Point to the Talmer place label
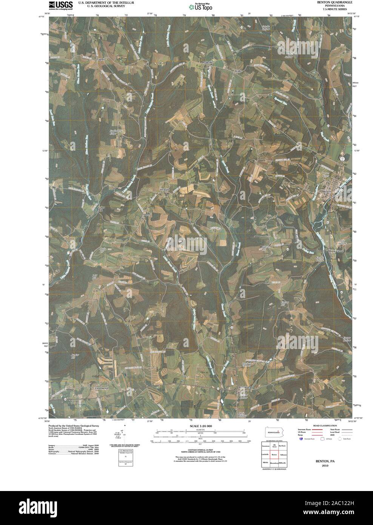pyautogui.click(x=100, y=60)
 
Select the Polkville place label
pyautogui.click(x=208, y=62)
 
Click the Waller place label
pyautogui.click(x=238, y=71)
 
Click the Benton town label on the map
pyautogui.click(x=327, y=191)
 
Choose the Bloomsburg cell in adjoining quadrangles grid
pyautogui.click(x=274, y=463)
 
